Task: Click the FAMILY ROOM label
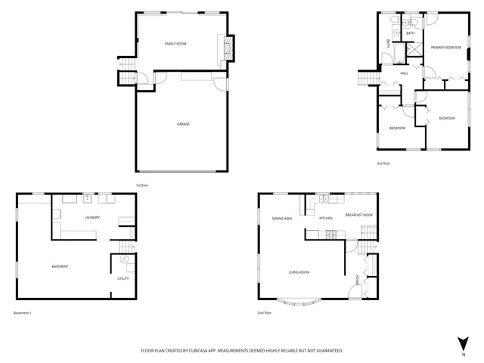(175, 44)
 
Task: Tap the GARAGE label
(183, 124)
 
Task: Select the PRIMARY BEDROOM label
(445, 48)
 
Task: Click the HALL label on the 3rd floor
(405, 73)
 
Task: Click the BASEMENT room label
(60, 266)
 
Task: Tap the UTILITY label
(123, 278)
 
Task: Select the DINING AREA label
(283, 218)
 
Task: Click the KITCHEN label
(326, 218)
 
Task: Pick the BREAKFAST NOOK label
(359, 216)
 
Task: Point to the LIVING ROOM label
(299, 272)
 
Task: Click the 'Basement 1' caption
(23, 312)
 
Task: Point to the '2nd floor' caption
(265, 312)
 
